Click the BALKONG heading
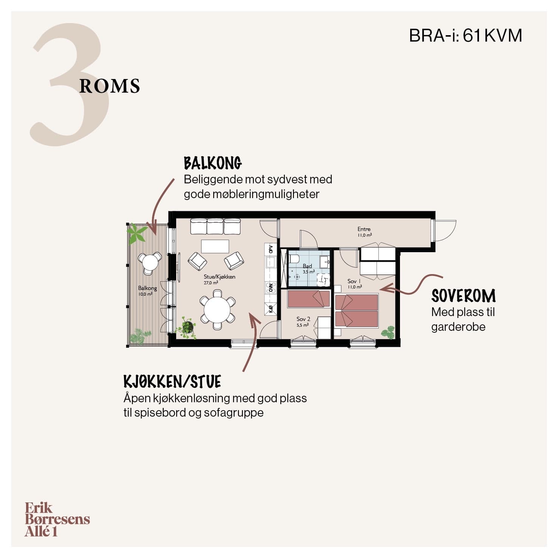[213, 163]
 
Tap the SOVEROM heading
[463, 296]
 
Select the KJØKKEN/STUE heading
[172, 382]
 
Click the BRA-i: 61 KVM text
[466, 36]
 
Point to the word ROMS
[110, 86]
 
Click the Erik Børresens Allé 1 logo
[57, 519]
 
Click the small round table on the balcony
[150, 262]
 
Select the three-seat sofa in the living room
[215, 226]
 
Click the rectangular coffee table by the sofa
[215, 246]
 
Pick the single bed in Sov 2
[309, 299]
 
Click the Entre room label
[364, 232]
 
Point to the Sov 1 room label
[354, 284]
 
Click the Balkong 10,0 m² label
[147, 291]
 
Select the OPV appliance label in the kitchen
[271, 250]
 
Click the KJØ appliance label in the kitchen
[271, 309]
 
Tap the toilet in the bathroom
[294, 259]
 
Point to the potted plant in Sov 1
[387, 333]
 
